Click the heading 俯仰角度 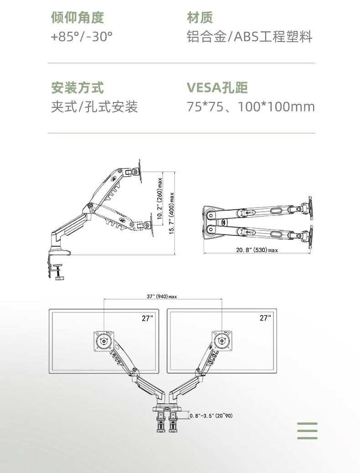click(77, 17)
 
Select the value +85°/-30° click(82, 37)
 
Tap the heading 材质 click(200, 17)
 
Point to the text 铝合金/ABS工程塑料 click(249, 37)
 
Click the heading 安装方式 click(77, 87)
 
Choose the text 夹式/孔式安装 click(94, 107)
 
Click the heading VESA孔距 click(217, 87)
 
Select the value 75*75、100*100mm click(251, 107)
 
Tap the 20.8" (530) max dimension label click(257, 250)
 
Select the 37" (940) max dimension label click(162, 296)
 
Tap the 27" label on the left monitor click(147, 318)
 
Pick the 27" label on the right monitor click(265, 318)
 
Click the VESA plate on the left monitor click(104, 341)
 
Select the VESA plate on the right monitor click(222, 341)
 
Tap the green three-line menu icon click(307, 430)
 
